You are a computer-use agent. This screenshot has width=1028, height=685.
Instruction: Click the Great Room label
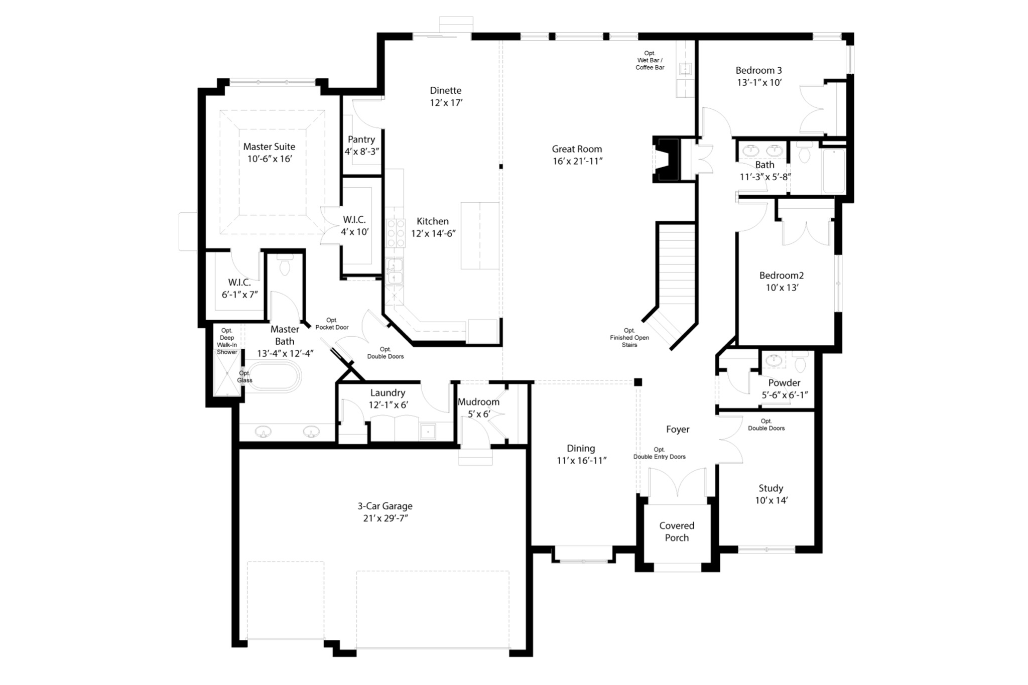(x=577, y=149)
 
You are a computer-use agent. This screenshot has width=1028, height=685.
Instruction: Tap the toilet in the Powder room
(x=800, y=362)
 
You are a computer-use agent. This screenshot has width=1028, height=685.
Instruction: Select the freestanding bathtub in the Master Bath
(x=275, y=376)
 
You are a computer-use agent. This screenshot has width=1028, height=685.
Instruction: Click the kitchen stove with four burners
(x=396, y=233)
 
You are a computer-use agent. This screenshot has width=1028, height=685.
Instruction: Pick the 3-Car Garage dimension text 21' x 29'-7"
(x=385, y=518)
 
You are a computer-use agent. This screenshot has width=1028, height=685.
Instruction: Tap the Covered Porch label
(x=677, y=531)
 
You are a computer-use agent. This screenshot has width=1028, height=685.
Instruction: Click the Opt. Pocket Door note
(x=332, y=324)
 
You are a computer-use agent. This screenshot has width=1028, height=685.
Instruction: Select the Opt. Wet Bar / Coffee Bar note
(x=650, y=60)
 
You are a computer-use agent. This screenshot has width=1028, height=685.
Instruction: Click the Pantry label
(x=361, y=140)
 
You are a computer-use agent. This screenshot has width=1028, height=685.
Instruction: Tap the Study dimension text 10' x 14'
(x=771, y=500)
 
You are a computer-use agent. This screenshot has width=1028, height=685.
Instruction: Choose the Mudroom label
(x=478, y=402)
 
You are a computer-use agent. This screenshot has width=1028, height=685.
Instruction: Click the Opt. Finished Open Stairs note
(x=629, y=338)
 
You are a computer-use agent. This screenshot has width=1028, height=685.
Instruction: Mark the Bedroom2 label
(x=781, y=276)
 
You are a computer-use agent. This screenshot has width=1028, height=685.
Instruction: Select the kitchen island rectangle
(x=480, y=235)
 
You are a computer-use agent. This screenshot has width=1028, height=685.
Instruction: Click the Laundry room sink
(x=428, y=431)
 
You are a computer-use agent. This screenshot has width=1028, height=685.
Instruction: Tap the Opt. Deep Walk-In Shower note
(x=227, y=341)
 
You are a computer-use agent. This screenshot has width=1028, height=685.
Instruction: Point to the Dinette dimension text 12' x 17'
(x=446, y=103)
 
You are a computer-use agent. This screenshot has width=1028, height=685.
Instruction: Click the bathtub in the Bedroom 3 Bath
(x=833, y=171)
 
